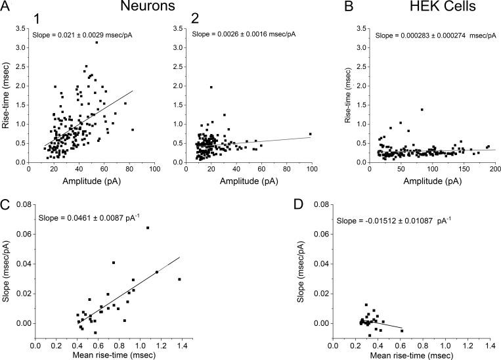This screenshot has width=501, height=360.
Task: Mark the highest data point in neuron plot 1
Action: (96, 43)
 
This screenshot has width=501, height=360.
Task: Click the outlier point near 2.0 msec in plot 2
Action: (211, 87)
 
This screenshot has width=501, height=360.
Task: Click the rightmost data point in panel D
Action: (402, 330)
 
